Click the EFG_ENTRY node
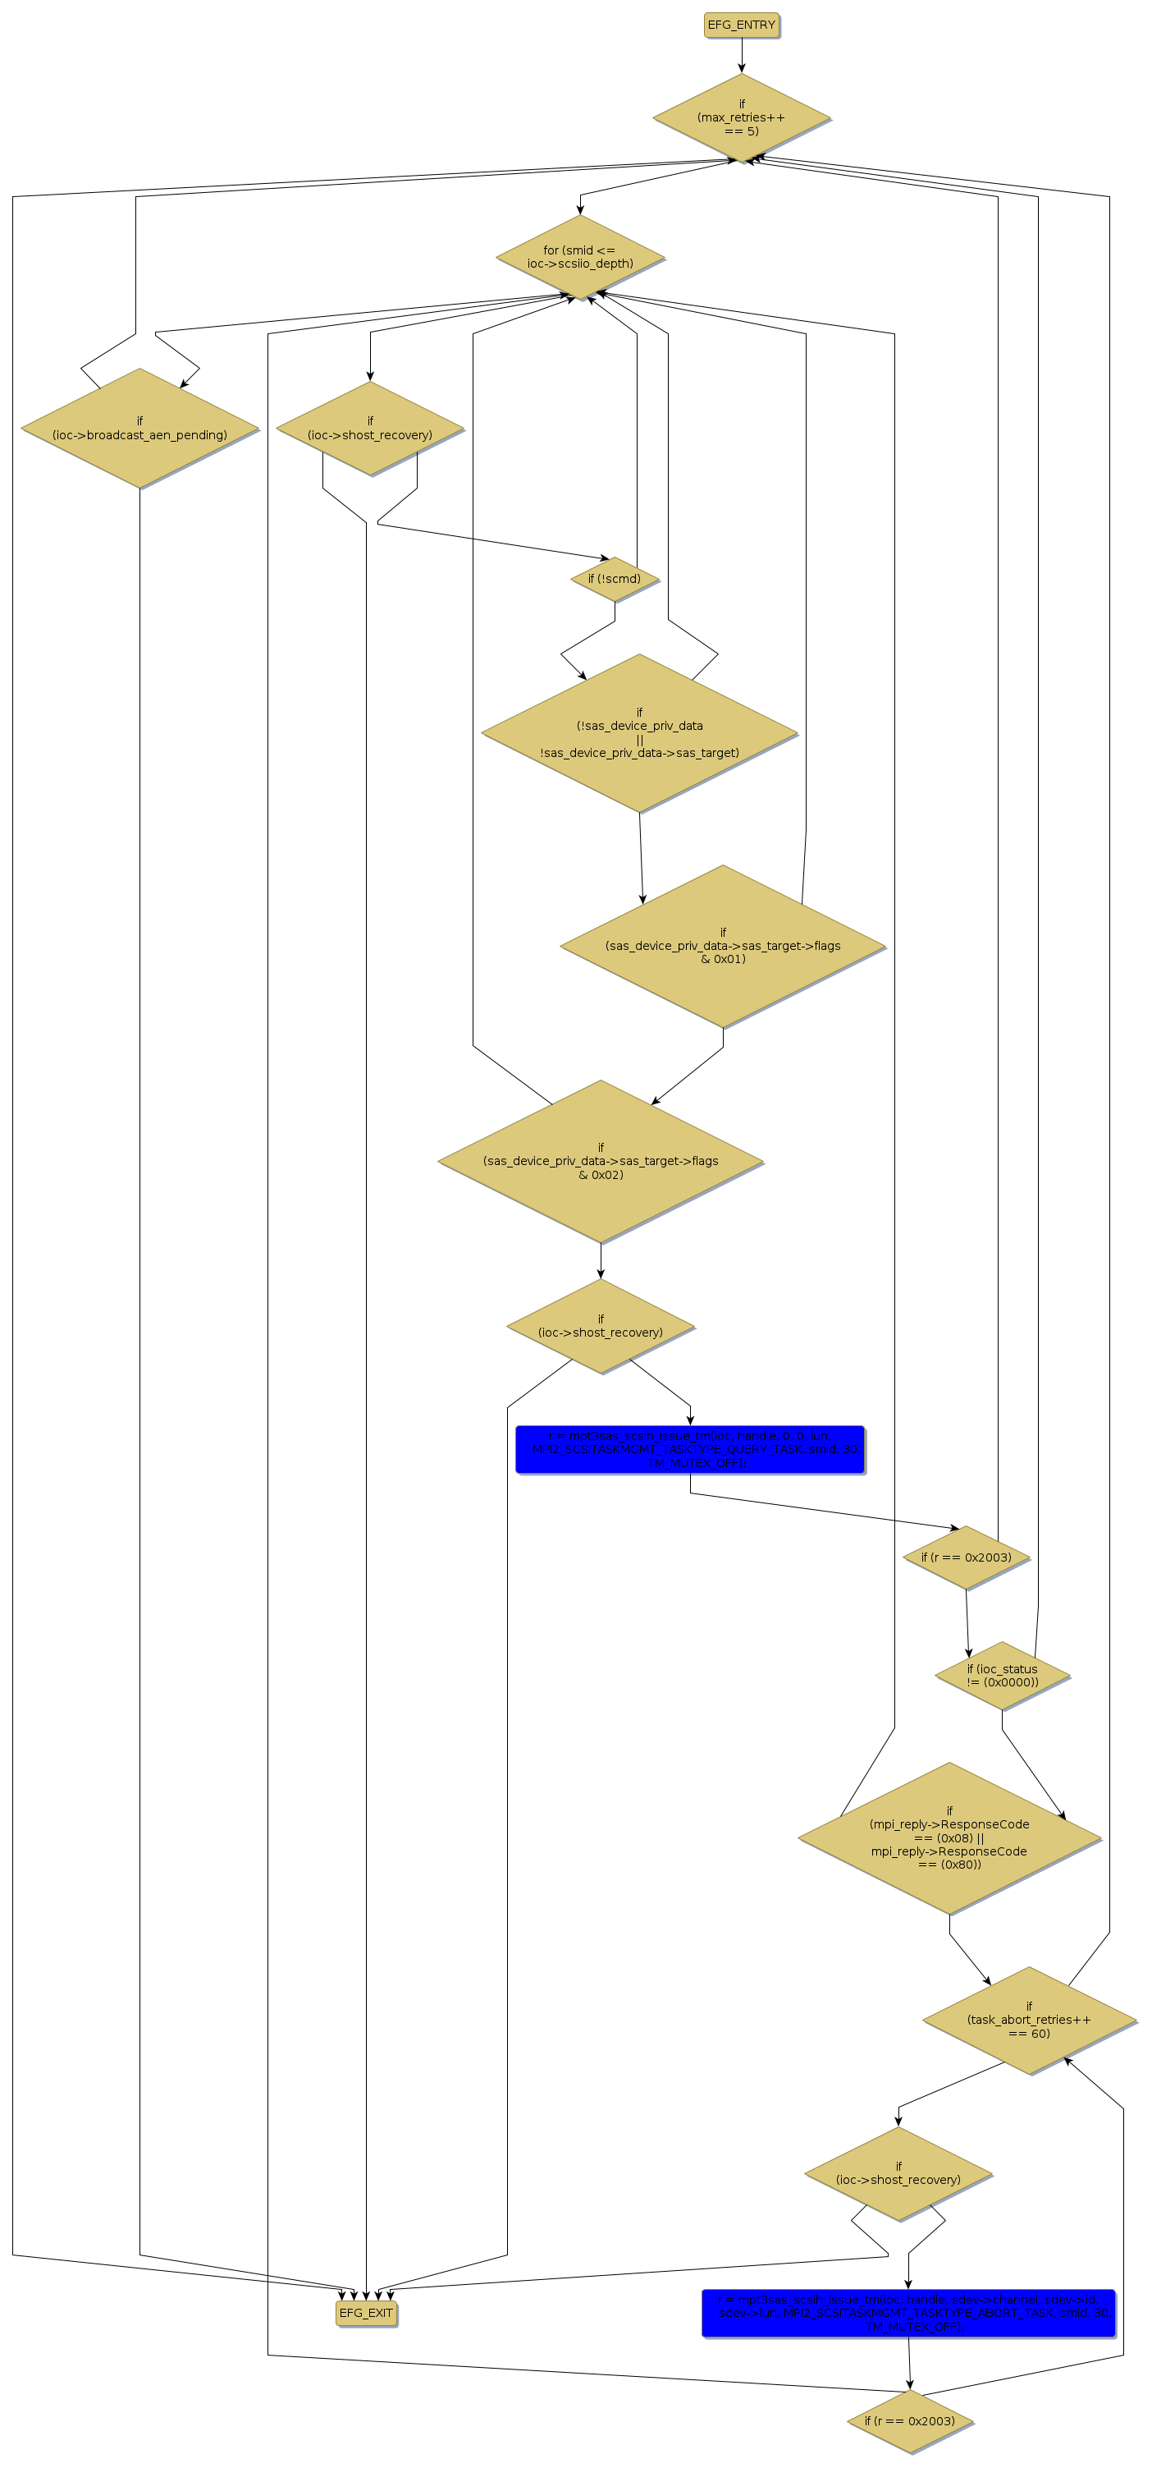pos(741,25)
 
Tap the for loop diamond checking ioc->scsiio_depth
pos(579,257)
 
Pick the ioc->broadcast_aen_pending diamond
pos(139,429)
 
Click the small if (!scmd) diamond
pos(614,579)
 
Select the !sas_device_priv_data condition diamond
pos(638,734)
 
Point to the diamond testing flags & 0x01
pos(722,946)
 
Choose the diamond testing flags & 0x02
pos(601,1161)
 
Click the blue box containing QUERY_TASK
pos(689,1448)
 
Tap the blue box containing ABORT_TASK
pos(907,2313)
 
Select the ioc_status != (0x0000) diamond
pos(1002,1676)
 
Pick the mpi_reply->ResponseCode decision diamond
pos(949,1837)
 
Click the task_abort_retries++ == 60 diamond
pos(1028,2021)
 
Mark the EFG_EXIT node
pos(366,2313)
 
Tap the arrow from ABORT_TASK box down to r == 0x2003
pos(910,2364)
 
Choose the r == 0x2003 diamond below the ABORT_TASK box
pos(909,2421)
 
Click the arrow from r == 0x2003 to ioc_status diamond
pos(967,1623)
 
